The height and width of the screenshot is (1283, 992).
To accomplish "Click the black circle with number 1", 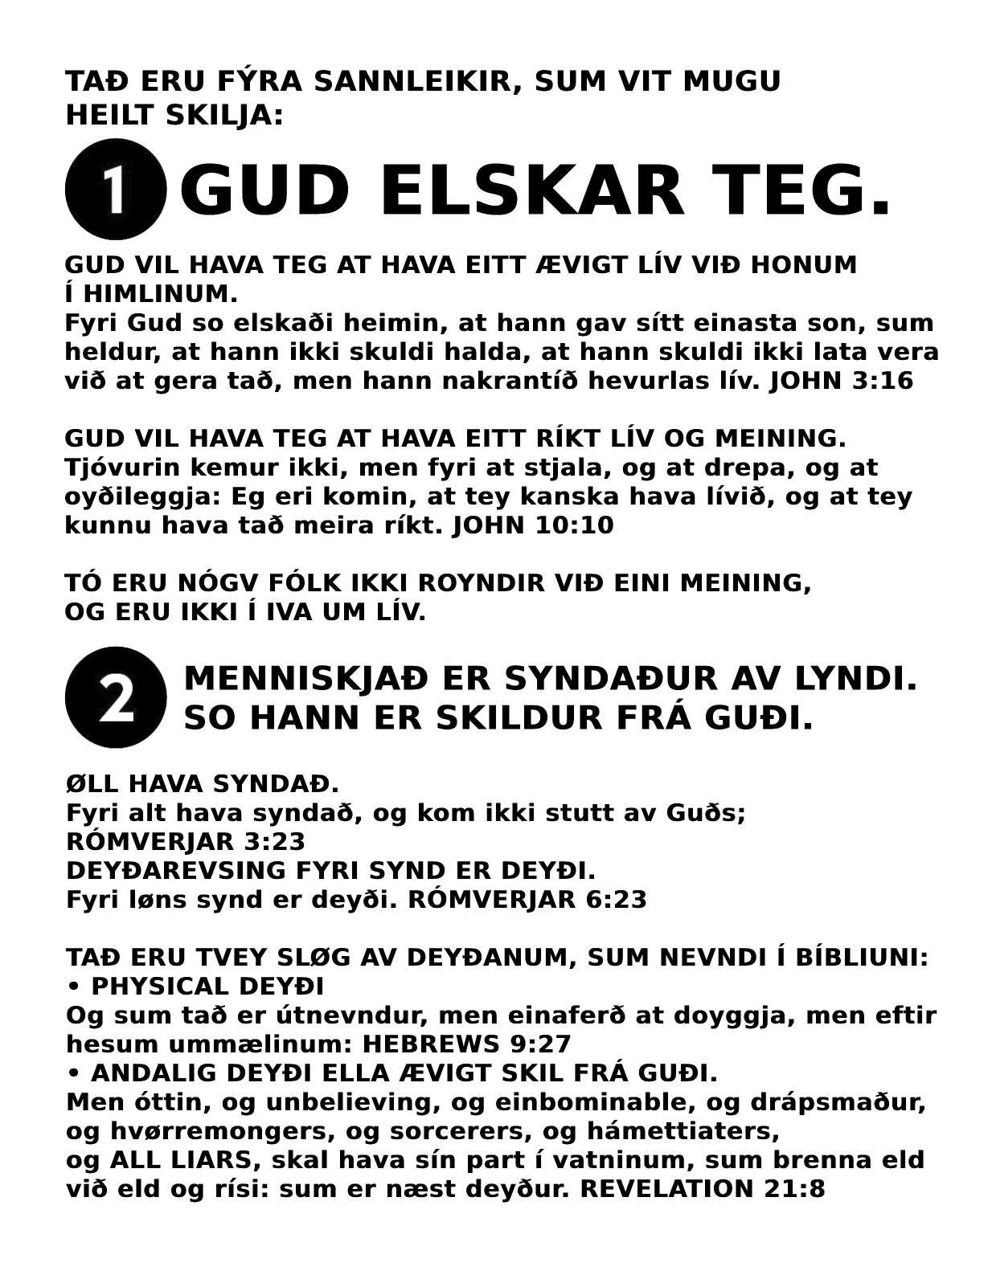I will (115, 190).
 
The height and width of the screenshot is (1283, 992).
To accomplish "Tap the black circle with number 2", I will (115, 697).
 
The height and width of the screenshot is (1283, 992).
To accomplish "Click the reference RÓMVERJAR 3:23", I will (186, 842).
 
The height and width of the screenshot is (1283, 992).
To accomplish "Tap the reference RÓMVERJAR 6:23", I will (527, 900).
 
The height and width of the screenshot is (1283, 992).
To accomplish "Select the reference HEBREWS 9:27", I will (467, 1044).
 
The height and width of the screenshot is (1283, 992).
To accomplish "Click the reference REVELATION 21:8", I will (702, 1189).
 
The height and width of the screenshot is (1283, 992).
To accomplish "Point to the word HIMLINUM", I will (161, 293).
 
